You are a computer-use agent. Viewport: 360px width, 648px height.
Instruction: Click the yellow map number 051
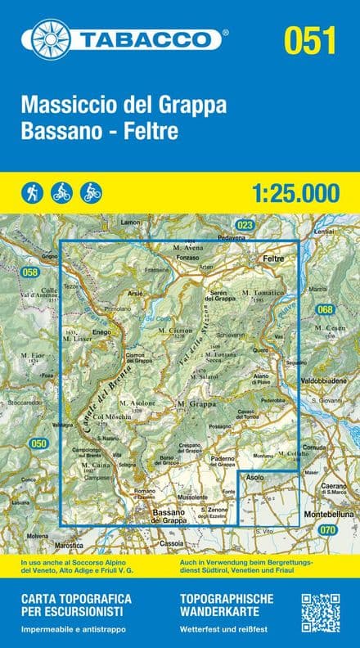pos(310,39)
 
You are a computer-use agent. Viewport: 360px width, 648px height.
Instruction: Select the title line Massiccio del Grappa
pos(123,107)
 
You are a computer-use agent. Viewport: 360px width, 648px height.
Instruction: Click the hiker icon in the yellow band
pos(31,193)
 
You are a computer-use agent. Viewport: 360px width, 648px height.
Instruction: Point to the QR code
pos(322,613)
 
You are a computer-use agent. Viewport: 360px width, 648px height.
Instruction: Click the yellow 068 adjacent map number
pos(326,309)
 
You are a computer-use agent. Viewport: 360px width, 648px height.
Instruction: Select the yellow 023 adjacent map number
pos(244,225)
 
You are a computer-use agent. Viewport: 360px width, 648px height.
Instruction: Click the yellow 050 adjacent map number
pos(38,443)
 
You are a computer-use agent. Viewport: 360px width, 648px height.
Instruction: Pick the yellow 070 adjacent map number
pos(327,531)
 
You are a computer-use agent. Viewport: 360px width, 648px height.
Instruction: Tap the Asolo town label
pos(254,476)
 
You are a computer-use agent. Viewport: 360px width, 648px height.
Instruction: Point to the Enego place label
pos(101,333)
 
